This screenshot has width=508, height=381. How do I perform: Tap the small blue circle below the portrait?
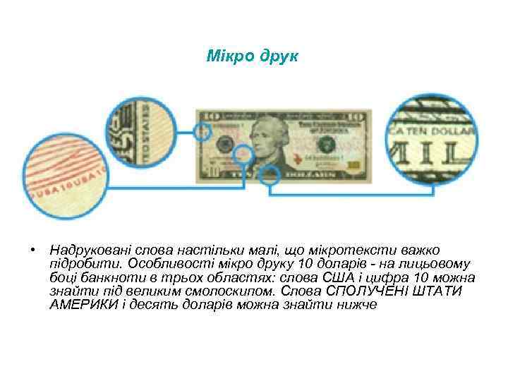click(269, 176)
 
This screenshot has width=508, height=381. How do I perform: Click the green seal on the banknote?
click(326, 144)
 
